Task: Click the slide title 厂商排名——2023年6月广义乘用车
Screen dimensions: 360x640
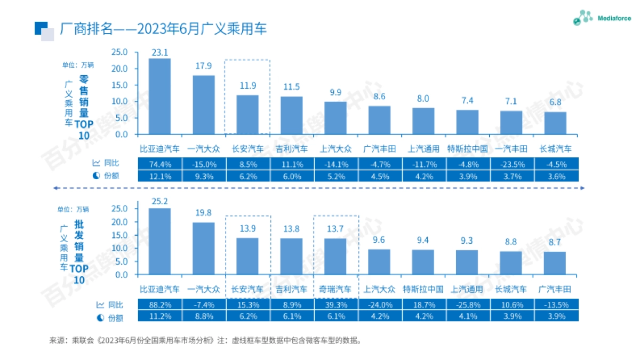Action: [163, 29]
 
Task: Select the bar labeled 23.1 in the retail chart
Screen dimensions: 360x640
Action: [159, 96]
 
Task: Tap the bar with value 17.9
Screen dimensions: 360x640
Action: [204, 105]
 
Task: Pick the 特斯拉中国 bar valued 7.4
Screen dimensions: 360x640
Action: [467, 122]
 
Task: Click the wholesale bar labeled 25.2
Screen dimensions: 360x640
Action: [159, 241]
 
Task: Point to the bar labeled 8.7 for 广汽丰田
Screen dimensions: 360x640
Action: [555, 263]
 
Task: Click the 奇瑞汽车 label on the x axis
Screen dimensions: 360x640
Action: [335, 289]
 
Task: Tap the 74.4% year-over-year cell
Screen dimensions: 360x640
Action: [159, 164]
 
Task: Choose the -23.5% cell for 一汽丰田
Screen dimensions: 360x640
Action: [511, 164]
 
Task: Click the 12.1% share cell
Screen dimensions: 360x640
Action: [159, 176]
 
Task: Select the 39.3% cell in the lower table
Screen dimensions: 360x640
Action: [335, 305]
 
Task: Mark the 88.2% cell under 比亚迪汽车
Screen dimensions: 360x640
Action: [159, 305]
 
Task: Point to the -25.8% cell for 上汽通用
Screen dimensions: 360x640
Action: [467, 305]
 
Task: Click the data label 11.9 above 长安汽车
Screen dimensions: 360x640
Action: [247, 85]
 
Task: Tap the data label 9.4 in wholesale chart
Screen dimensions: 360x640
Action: [423, 240]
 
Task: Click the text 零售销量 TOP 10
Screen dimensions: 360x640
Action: [83, 107]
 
